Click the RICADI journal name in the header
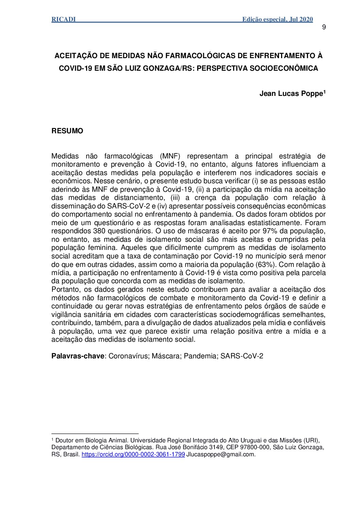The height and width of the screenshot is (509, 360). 64,19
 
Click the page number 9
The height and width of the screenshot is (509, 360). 324,27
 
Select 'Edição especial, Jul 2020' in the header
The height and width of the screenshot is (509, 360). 277,19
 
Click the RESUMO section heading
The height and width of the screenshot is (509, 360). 67,131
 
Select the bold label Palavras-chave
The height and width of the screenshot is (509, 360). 78,356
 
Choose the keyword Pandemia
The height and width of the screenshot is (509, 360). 200,356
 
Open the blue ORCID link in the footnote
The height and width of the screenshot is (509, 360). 133,454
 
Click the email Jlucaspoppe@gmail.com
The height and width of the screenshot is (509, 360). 221,454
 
